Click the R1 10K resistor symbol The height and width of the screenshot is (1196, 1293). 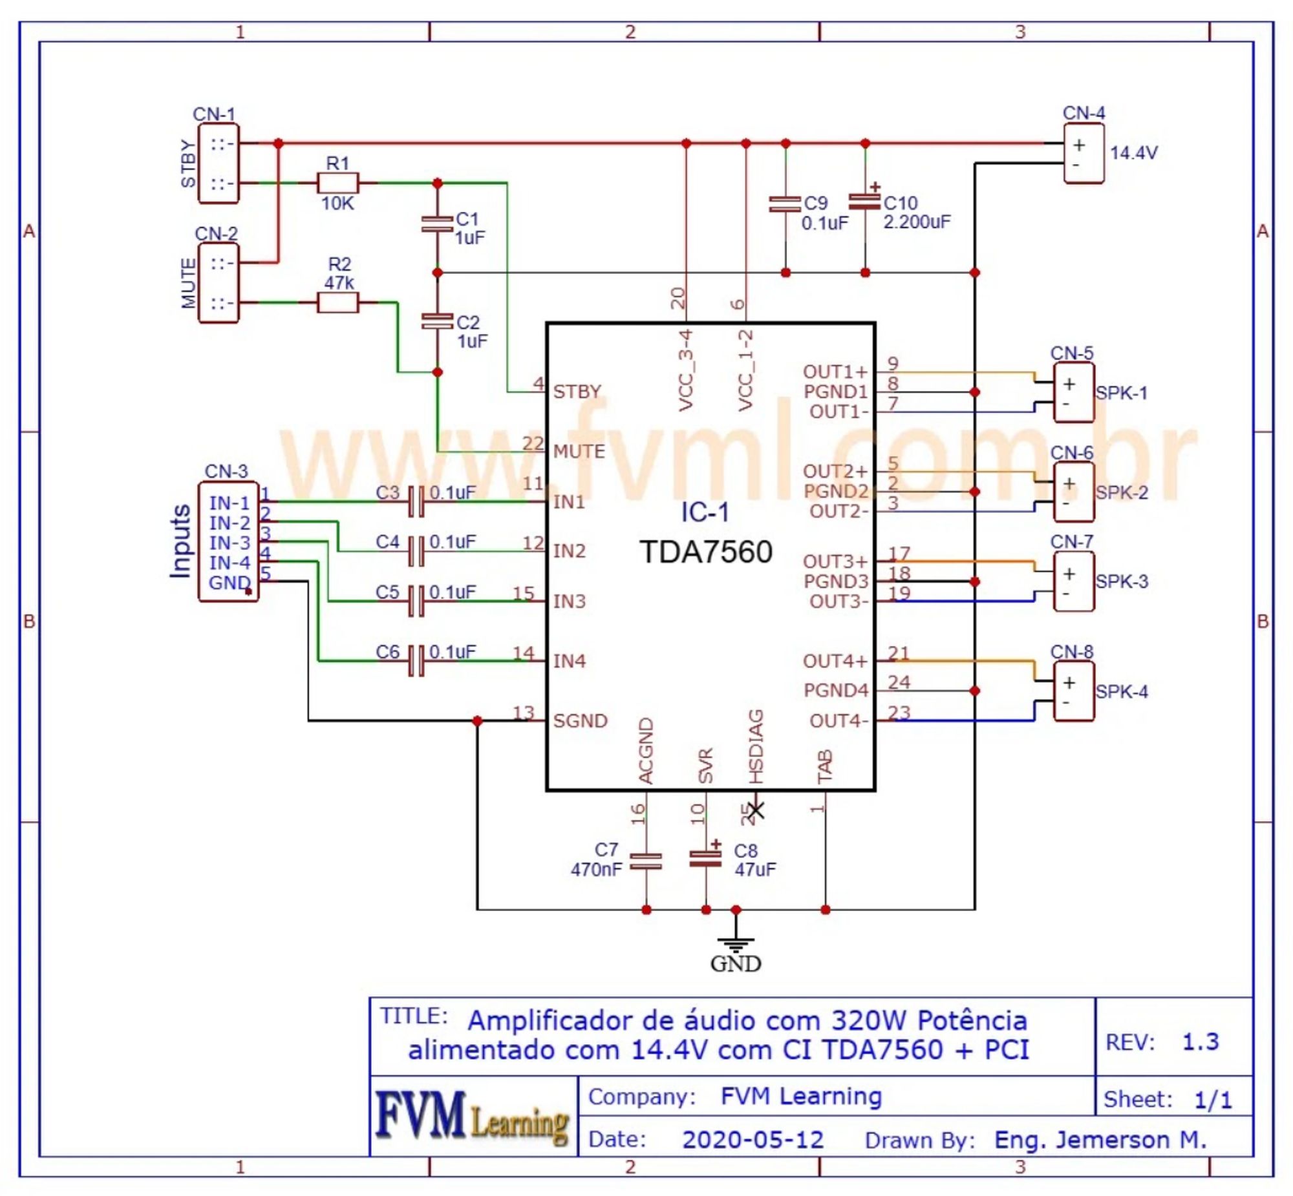pos(337,183)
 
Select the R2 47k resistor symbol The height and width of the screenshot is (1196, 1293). pos(337,302)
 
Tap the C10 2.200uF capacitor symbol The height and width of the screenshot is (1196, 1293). pos(865,202)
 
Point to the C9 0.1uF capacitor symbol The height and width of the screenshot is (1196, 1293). pos(785,204)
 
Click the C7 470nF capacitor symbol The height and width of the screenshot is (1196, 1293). pos(646,861)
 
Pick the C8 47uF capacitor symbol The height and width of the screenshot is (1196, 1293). pos(706,857)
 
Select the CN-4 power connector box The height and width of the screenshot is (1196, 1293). pos(1084,153)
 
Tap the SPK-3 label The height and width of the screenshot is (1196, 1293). pos(1122,581)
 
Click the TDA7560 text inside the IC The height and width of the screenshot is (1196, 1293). pos(706,552)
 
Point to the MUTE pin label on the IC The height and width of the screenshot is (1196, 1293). pos(579,451)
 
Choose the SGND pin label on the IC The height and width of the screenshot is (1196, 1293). pos(580,720)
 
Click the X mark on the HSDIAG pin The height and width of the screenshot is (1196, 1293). pos(756,810)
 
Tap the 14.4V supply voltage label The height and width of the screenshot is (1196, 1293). pos(1134,152)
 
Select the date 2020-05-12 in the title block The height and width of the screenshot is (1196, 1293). pos(753,1140)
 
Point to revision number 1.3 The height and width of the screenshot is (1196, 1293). pos(1201,1042)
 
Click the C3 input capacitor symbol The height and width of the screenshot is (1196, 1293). pos(416,501)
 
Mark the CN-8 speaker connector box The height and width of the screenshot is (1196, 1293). pos(1074,692)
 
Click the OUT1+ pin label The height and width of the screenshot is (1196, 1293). pos(835,372)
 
